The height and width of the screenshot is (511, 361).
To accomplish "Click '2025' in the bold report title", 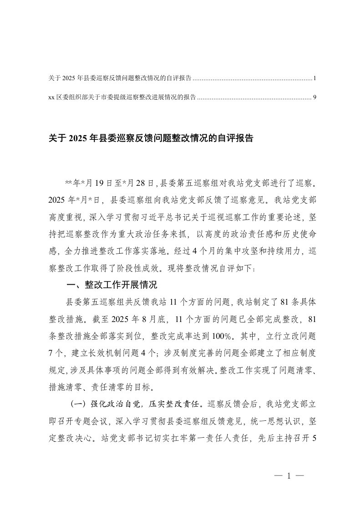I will pyautogui.click(x=78, y=138).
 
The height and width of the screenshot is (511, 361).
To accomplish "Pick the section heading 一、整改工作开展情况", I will pyautogui.click(x=112, y=286).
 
